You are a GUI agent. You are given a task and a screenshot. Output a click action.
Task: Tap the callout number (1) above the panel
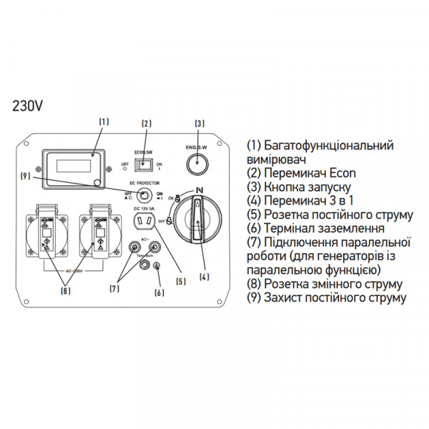tap(104, 122)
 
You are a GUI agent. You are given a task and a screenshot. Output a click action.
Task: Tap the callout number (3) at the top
tap(200, 122)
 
